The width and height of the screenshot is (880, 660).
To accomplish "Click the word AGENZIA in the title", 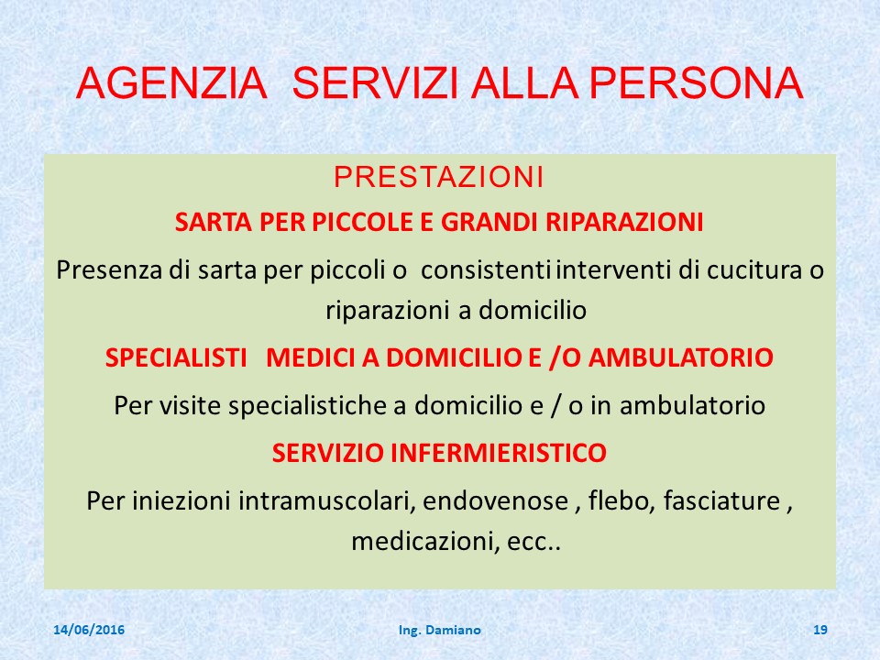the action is click(171, 83).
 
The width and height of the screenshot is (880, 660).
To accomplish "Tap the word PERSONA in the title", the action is click(697, 83).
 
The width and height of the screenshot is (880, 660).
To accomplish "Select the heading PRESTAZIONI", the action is click(439, 177).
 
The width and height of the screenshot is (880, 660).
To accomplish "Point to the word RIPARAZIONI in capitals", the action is click(624, 222).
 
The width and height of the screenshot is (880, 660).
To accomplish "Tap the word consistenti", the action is click(486, 269).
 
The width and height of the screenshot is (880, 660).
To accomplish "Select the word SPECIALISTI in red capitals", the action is click(176, 357).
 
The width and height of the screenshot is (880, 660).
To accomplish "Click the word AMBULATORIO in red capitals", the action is click(681, 357).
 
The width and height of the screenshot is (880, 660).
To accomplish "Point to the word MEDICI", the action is click(311, 357).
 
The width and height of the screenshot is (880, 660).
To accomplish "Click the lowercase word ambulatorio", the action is click(693, 405).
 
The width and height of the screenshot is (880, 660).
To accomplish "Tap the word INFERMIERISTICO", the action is click(499, 453).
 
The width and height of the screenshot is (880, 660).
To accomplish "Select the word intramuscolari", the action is click(326, 500).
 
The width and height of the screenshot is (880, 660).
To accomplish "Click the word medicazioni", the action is click(426, 542).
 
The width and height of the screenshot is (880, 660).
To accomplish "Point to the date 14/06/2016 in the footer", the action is click(89, 630).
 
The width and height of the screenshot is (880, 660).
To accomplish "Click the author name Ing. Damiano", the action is click(439, 631).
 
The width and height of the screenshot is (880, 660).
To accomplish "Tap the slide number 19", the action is click(819, 630).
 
